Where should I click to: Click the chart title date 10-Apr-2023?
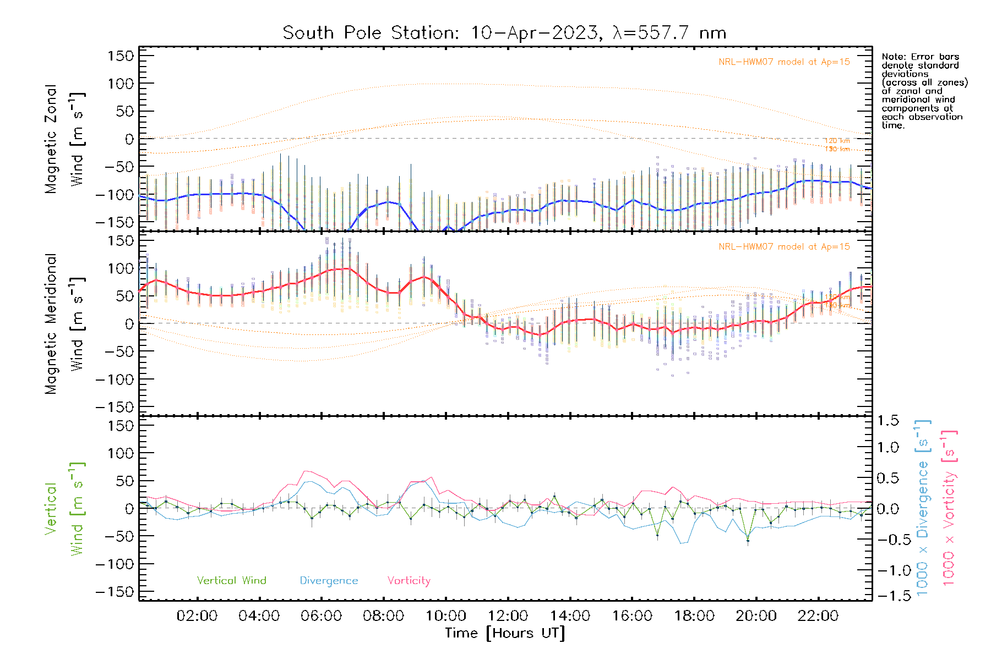tap(533, 33)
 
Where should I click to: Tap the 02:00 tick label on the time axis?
tap(197, 616)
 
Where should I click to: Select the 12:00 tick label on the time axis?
tap(508, 616)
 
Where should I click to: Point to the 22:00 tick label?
tap(818, 616)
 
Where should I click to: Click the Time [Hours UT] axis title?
tap(505, 633)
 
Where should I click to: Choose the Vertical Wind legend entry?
tap(231, 580)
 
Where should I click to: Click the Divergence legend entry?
tap(329, 580)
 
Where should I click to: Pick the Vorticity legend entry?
tap(409, 580)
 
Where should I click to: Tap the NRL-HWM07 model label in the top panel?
tap(784, 62)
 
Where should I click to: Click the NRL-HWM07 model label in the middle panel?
tap(784, 247)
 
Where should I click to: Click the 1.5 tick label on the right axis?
tap(888, 421)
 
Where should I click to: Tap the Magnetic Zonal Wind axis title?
tap(64, 139)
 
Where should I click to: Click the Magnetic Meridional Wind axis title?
tap(64, 324)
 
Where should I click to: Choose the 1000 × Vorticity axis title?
tap(949, 508)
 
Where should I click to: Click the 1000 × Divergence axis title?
tap(923, 508)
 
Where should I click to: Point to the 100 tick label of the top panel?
tap(121, 84)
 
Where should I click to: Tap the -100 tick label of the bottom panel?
tap(115, 564)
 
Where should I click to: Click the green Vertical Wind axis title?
tap(64, 509)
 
